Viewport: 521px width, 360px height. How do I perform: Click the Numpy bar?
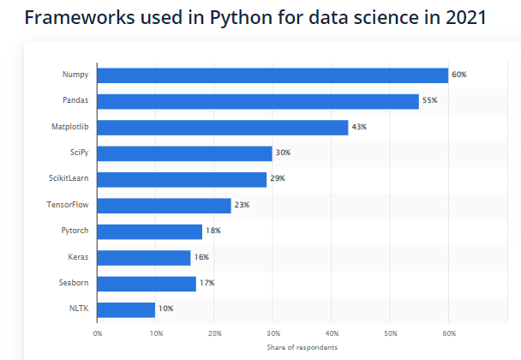pyautogui.click(x=272, y=75)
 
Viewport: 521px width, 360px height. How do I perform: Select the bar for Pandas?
pyautogui.click(x=258, y=101)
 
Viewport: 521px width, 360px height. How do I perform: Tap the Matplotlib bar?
pyautogui.click(x=223, y=128)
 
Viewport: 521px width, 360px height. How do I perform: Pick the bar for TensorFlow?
pyautogui.click(x=164, y=206)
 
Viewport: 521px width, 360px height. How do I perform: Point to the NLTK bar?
pyautogui.click(x=126, y=309)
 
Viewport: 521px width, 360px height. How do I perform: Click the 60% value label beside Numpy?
pyautogui.click(x=459, y=75)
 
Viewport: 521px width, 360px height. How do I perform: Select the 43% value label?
pyautogui.click(x=359, y=128)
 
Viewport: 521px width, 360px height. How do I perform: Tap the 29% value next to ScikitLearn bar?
pyautogui.click(x=277, y=179)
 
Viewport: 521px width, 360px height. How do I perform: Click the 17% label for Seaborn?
pyautogui.click(x=207, y=284)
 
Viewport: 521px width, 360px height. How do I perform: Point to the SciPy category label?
pyautogui.click(x=77, y=153)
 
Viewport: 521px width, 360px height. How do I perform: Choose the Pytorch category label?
pyautogui.click(x=75, y=231)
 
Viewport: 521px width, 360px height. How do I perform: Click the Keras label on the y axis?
pyautogui.click(x=78, y=257)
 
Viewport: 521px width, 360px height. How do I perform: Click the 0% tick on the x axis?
pyautogui.click(x=98, y=333)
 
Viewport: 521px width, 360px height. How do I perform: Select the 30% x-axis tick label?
pyautogui.click(x=272, y=333)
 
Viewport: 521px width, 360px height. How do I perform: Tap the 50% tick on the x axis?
pyautogui.click(x=390, y=333)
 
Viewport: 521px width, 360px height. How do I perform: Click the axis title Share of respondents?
pyautogui.click(x=302, y=347)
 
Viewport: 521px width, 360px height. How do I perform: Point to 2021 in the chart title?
pyautogui.click(x=462, y=17)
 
